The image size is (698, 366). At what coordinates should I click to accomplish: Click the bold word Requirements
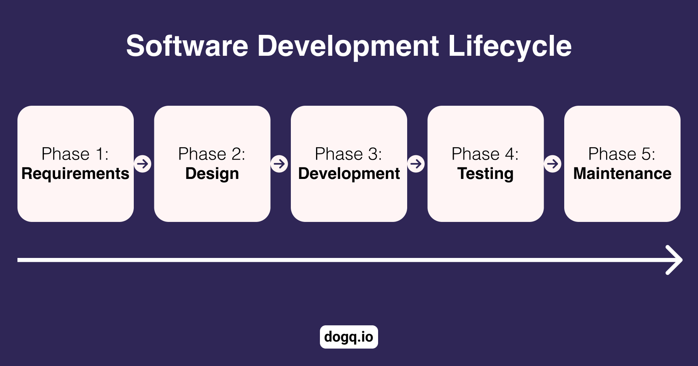tap(75, 174)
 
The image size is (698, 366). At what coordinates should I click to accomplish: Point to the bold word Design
tap(212, 174)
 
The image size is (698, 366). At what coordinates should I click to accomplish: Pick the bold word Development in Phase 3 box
tap(349, 174)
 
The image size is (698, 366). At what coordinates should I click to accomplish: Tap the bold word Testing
tap(485, 174)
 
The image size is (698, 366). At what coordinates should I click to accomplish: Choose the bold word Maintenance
tap(622, 174)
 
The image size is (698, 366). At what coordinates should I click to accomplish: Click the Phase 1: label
tap(75, 154)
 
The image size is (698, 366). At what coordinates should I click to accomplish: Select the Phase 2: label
tap(212, 154)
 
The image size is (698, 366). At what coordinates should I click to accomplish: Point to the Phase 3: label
tap(349, 154)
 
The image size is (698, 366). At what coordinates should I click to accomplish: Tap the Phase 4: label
tap(485, 154)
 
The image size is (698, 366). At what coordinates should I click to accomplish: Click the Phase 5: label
tap(622, 154)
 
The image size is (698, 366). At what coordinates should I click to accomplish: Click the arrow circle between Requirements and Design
tap(143, 164)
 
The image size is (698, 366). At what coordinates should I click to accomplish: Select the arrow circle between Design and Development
tap(279, 164)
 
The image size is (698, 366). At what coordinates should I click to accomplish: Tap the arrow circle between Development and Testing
tap(416, 164)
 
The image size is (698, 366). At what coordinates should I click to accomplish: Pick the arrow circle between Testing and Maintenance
tap(553, 164)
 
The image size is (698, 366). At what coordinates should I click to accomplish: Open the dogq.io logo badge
tap(349, 337)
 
